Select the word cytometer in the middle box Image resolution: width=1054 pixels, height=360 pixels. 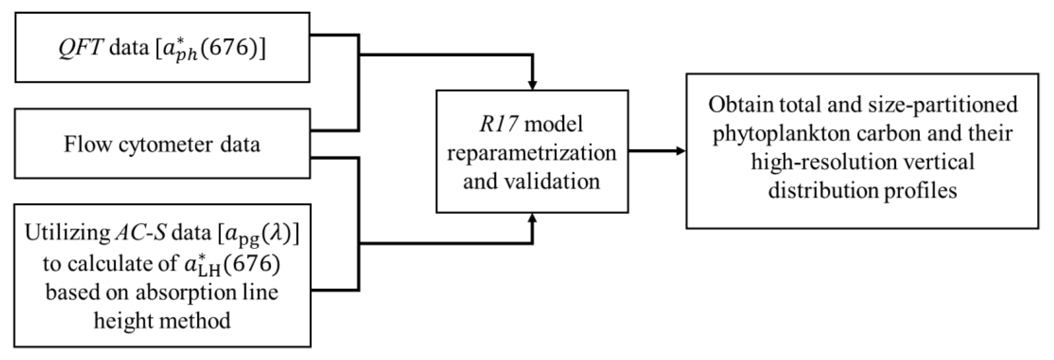pyautogui.click(x=166, y=144)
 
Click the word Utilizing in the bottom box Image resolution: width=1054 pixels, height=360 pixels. pyautogui.click(x=67, y=233)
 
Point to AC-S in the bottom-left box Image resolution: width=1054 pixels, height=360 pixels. pyautogui.click(x=140, y=233)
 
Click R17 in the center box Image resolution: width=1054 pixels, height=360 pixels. pyautogui.click(x=499, y=124)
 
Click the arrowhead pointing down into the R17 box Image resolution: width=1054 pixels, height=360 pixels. pyautogui.click(x=532, y=85)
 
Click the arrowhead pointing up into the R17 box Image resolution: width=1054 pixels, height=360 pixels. pyautogui.click(x=532, y=218)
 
